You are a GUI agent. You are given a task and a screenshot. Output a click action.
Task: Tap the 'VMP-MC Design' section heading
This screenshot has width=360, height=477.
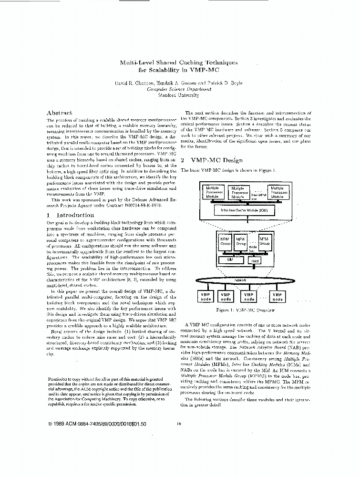click(x=212, y=160)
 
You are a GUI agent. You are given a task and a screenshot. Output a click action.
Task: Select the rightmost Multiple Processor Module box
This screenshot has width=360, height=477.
click(x=277, y=192)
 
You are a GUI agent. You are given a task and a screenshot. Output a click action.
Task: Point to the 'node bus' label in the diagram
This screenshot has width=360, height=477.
click(x=253, y=248)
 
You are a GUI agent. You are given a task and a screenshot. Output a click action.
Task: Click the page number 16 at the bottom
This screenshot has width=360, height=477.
click(x=178, y=423)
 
